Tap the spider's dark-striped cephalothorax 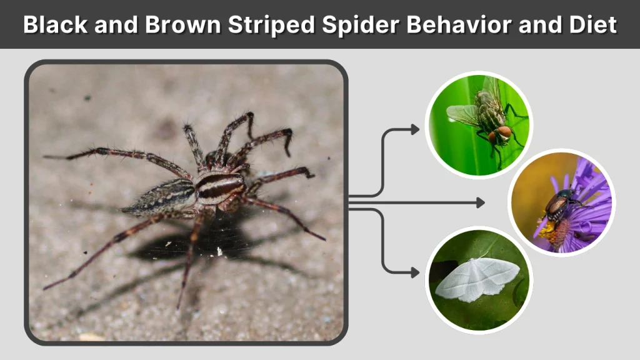click(218, 186)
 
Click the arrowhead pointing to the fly click(415, 129)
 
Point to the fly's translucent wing click(461, 114)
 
